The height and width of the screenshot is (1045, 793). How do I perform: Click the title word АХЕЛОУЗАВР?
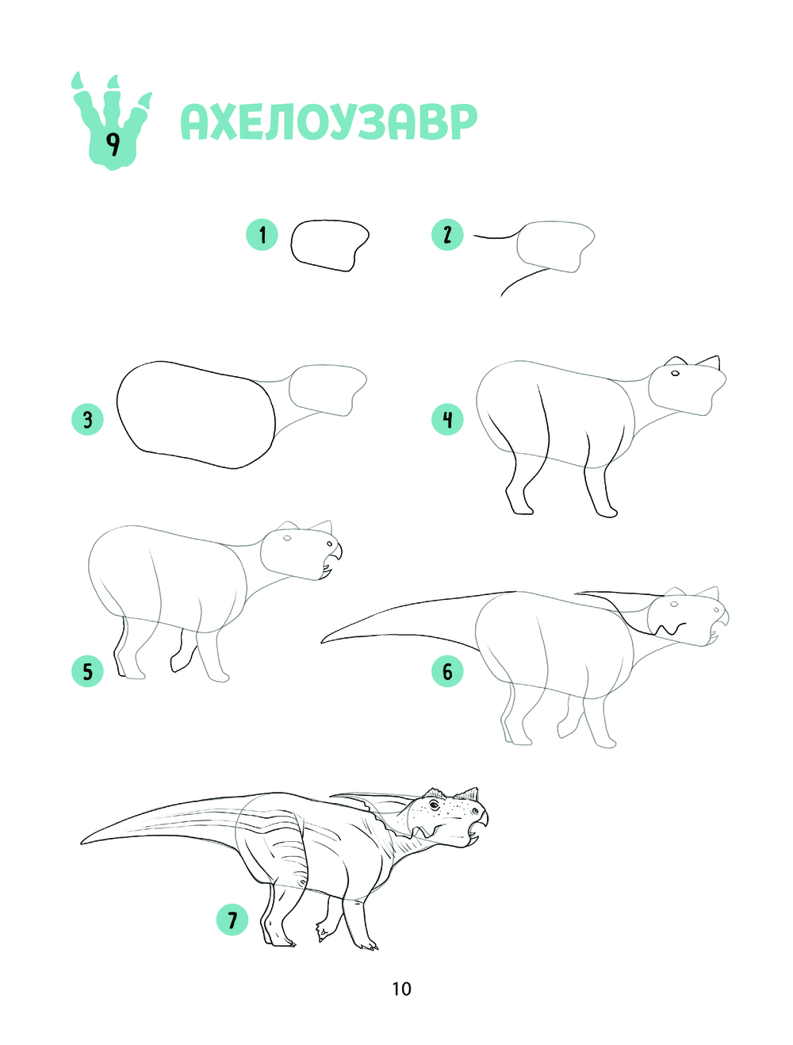(328, 122)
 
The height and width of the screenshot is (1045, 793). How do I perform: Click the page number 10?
(401, 989)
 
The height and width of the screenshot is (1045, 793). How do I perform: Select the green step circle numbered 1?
(262, 235)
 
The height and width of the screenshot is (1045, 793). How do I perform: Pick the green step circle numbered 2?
(447, 235)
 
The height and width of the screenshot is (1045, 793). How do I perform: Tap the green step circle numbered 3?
(87, 420)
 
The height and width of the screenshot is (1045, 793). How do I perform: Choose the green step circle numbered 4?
(447, 420)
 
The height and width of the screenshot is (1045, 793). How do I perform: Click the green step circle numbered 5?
(87, 670)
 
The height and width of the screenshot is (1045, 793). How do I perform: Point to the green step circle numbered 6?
(447, 670)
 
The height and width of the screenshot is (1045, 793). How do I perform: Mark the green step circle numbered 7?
(232, 920)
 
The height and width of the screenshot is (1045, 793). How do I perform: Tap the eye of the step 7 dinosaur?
(435, 805)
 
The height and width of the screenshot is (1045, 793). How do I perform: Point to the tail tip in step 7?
(82, 843)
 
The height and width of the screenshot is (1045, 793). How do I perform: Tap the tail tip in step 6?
(323, 642)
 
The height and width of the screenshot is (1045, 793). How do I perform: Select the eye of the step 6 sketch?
(674, 604)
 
